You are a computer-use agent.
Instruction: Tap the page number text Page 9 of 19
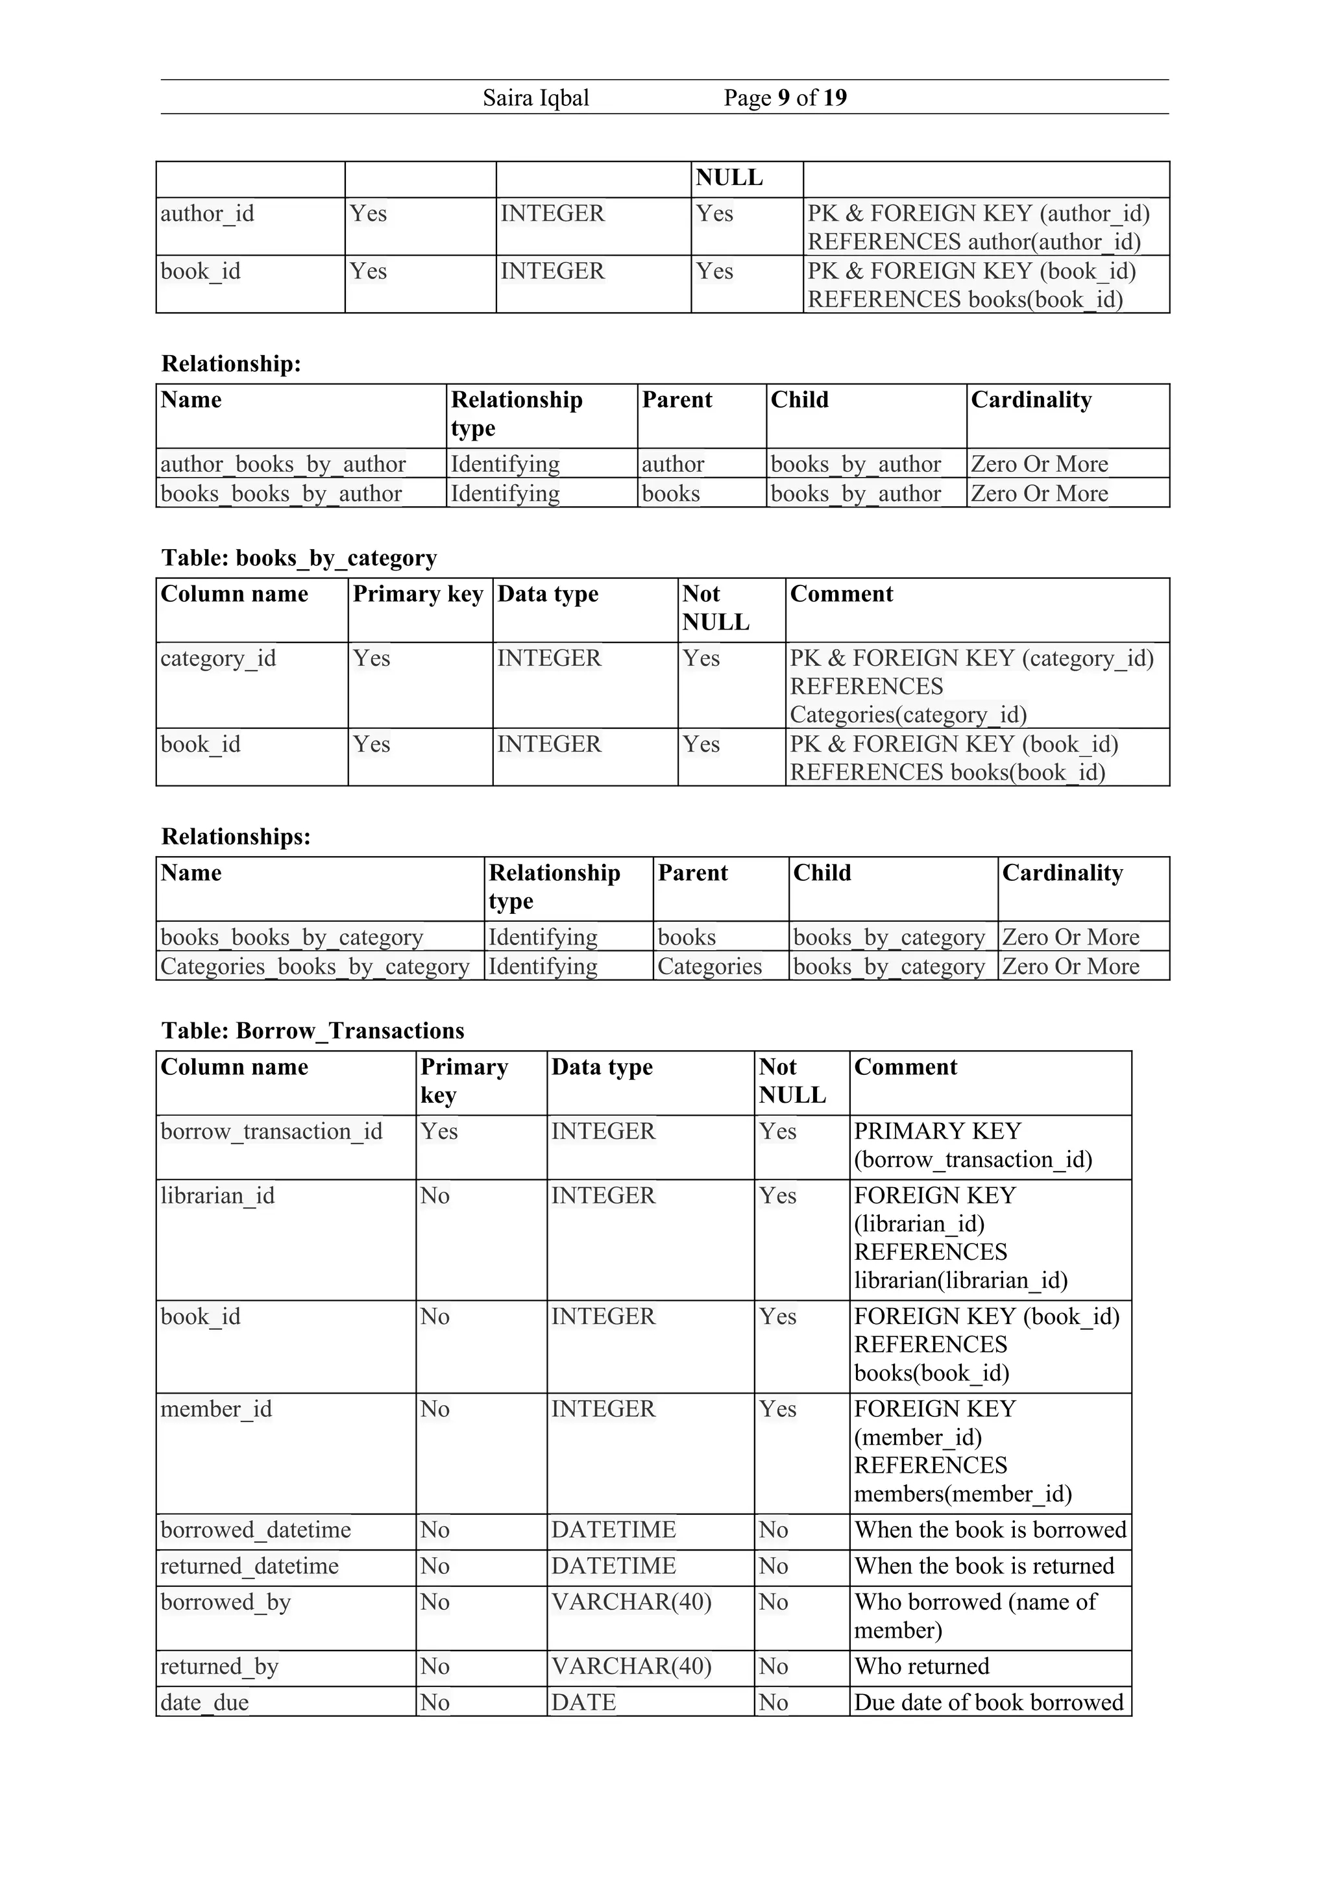pyautogui.click(x=785, y=98)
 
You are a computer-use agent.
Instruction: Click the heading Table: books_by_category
pyautogui.click(x=299, y=558)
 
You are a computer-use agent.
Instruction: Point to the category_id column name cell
pyautogui.click(x=218, y=659)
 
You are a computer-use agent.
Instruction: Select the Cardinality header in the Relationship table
pyautogui.click(x=1031, y=400)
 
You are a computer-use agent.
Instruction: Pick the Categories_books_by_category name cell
pyautogui.click(x=315, y=966)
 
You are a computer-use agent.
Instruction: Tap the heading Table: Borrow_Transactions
pyautogui.click(x=312, y=1031)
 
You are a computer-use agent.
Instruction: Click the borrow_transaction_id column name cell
pyautogui.click(x=271, y=1131)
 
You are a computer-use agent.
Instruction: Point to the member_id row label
pyautogui.click(x=215, y=1409)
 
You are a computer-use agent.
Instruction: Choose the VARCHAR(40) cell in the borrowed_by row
pyautogui.click(x=631, y=1602)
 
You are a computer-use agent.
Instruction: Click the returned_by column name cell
pyautogui.click(x=219, y=1666)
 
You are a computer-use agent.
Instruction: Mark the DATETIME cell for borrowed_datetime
pyautogui.click(x=613, y=1530)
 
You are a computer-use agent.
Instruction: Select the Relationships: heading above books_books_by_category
pyautogui.click(x=236, y=837)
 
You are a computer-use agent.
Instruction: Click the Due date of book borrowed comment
pyautogui.click(x=988, y=1703)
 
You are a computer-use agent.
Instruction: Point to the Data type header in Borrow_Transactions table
pyautogui.click(x=602, y=1066)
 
